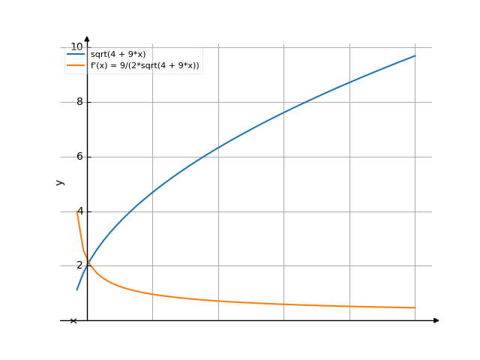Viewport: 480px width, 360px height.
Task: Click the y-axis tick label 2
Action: pos(79,265)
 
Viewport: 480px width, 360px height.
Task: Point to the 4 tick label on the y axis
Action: pos(79,211)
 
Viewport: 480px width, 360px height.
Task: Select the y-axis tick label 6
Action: pos(79,157)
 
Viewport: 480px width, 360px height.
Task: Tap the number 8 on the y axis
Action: pos(79,102)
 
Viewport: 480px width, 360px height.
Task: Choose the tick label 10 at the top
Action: pos(76,47)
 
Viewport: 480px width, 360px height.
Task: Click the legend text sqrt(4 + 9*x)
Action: pos(118,55)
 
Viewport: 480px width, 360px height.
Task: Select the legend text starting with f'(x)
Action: pos(145,66)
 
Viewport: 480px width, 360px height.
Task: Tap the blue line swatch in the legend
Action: pos(76,55)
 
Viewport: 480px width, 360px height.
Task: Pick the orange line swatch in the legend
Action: pos(76,66)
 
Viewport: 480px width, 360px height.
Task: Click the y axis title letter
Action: pos(60,182)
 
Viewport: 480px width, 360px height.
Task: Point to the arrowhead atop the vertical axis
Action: pos(87,38)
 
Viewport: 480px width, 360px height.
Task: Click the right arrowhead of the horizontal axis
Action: pos(436,320)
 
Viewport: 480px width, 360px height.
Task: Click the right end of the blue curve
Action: pos(415,55)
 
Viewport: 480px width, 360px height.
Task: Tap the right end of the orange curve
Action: pos(415,307)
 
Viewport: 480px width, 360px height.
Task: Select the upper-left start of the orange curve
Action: pos(76,211)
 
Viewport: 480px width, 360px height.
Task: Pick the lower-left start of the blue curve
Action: pos(76,290)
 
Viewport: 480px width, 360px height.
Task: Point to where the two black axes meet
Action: pos(87,320)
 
